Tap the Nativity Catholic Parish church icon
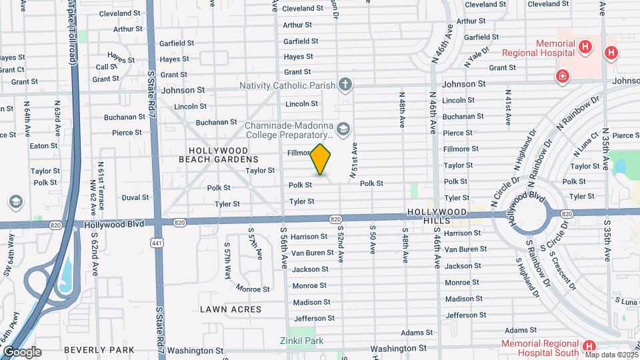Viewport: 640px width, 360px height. point(345,85)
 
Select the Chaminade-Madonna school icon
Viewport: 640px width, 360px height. point(343,129)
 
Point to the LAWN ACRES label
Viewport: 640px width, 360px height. point(231,309)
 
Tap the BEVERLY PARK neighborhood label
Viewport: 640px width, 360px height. point(99,349)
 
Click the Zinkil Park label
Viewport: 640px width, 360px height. point(301,341)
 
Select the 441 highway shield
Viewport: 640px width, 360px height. point(157,243)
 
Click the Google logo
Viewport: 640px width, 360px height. point(21,352)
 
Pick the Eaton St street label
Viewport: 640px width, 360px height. point(44,145)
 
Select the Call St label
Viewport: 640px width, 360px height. point(107,67)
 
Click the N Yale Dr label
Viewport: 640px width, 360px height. point(477,56)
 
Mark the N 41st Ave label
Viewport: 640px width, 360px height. point(508,107)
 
